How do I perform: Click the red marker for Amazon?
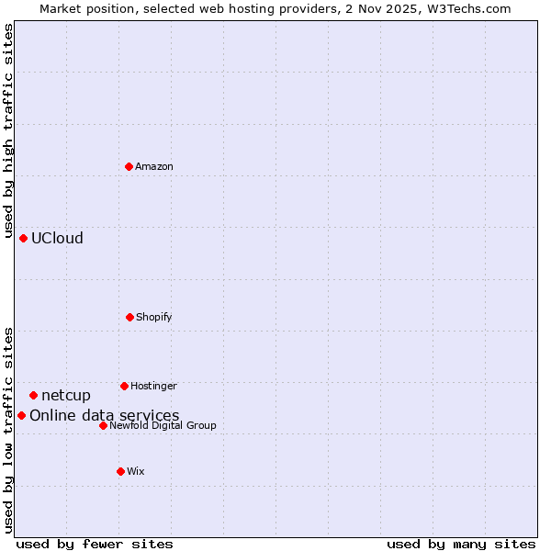click(129, 166)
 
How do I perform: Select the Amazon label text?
click(154, 166)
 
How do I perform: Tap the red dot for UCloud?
click(23, 238)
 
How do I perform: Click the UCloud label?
click(57, 239)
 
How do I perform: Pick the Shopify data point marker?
click(129, 317)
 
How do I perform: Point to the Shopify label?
click(154, 317)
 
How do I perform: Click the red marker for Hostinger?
click(124, 386)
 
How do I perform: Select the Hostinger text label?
click(153, 386)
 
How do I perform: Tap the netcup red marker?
click(33, 395)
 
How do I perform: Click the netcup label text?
click(66, 396)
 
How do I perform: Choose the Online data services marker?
click(21, 415)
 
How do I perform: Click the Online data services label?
click(105, 416)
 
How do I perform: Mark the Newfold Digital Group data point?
click(103, 425)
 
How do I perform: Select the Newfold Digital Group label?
click(163, 425)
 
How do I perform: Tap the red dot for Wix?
click(120, 471)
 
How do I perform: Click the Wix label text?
click(136, 471)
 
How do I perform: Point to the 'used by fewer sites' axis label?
click(95, 544)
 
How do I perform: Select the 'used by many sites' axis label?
click(461, 544)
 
